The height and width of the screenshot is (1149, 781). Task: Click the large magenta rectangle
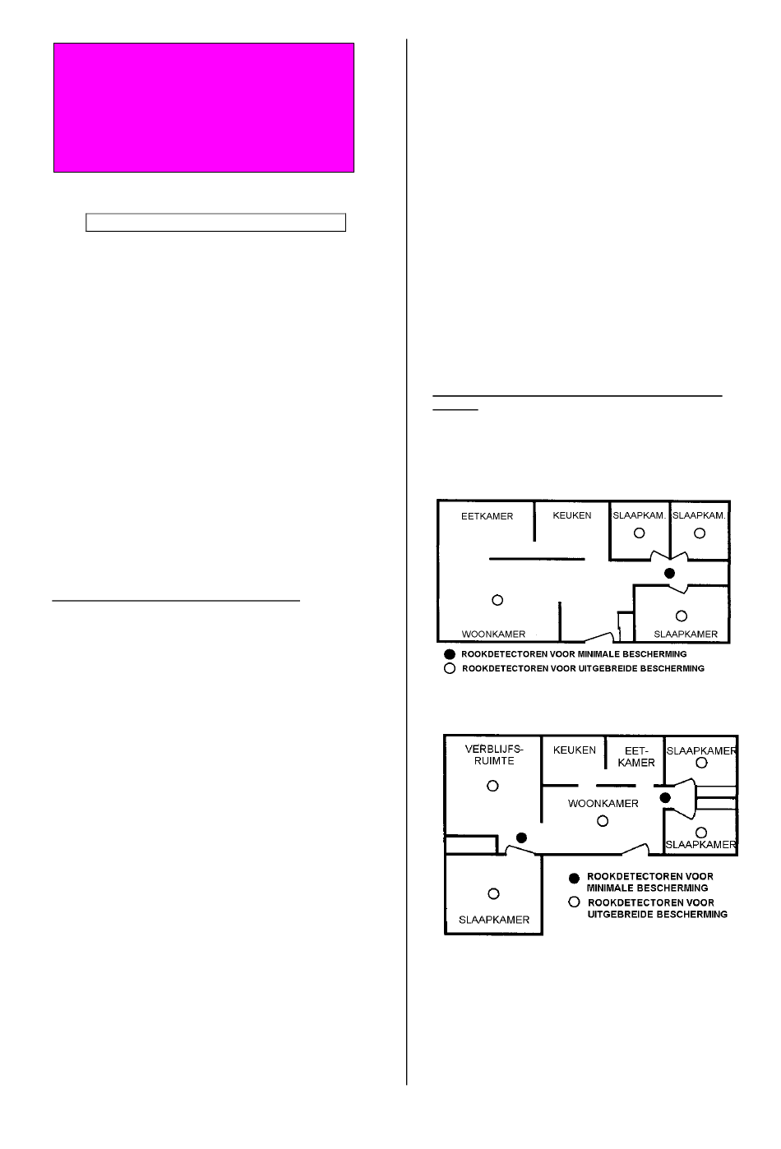[x=204, y=108]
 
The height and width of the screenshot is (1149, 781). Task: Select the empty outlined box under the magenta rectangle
[x=215, y=223]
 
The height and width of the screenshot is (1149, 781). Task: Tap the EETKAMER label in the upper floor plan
[x=487, y=516]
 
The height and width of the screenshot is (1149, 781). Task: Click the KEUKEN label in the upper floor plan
[x=571, y=515]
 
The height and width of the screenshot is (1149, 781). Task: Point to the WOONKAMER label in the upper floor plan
[x=493, y=634]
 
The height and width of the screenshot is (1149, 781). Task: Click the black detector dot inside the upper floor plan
[x=669, y=574]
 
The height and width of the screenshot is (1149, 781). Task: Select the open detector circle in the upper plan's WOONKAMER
[x=497, y=600]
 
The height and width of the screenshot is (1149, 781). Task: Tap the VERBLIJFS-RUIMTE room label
[x=493, y=755]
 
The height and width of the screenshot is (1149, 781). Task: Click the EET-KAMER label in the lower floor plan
[x=636, y=757]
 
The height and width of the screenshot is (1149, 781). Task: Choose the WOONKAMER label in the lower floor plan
[x=603, y=804]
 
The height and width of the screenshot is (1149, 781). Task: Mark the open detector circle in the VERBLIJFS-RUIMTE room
[x=492, y=786]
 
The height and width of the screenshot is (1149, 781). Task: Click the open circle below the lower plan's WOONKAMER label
[x=603, y=821]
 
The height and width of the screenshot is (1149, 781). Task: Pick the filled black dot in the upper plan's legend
[x=450, y=654]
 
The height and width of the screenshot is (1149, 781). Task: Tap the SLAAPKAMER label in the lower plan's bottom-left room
[x=493, y=920]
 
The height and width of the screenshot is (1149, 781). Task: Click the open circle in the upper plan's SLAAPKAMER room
[x=682, y=616]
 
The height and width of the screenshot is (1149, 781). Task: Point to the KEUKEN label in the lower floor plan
[x=574, y=750]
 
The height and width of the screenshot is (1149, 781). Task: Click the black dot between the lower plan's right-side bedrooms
[x=665, y=797]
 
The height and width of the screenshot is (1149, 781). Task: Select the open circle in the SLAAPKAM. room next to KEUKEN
[x=640, y=533]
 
